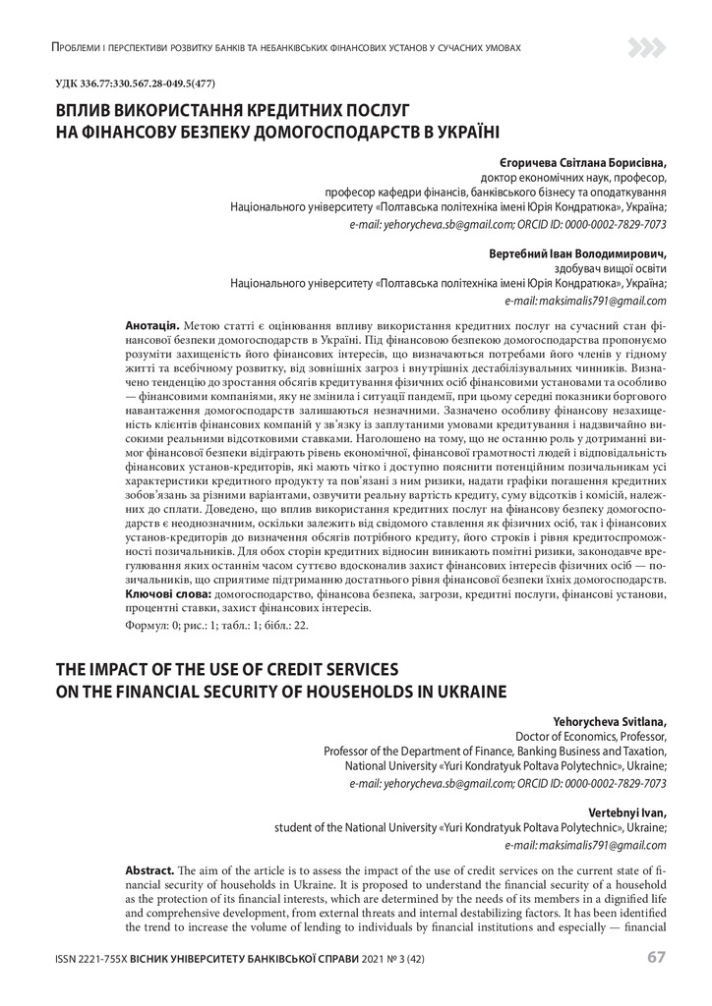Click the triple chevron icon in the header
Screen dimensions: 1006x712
[x=647, y=46]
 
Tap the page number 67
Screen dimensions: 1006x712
[x=657, y=957]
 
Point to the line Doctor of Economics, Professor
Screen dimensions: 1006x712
[x=591, y=736]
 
